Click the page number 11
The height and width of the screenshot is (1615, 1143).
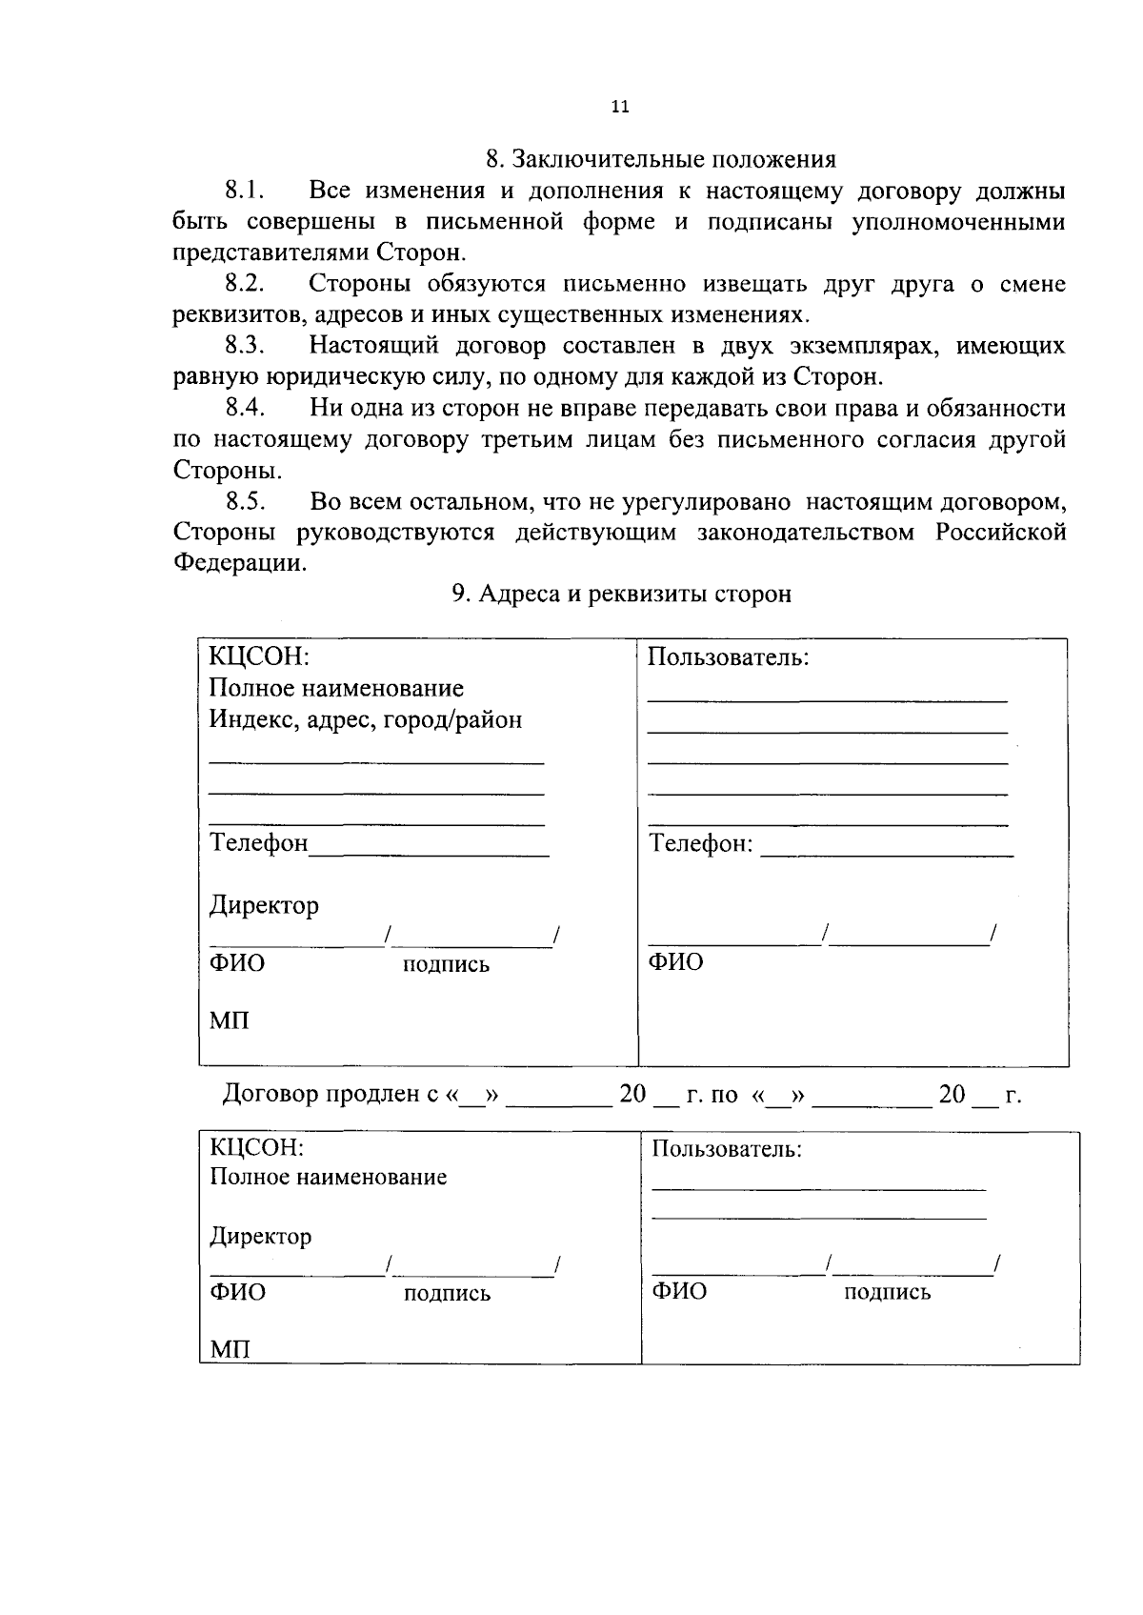(620, 107)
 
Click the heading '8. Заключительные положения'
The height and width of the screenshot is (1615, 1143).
(660, 159)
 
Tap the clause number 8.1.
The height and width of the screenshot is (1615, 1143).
(244, 191)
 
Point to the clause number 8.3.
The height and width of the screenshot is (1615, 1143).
(245, 345)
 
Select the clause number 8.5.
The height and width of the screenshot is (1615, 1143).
(245, 501)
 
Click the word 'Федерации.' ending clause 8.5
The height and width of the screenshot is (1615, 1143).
(240, 563)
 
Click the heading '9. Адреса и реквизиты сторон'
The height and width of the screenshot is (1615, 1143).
(621, 595)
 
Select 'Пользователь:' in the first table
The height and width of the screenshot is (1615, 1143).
(728, 657)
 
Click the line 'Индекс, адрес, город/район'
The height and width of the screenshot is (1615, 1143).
(366, 719)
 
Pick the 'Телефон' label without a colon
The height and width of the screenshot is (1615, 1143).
(258, 843)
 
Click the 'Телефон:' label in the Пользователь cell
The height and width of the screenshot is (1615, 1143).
(700, 844)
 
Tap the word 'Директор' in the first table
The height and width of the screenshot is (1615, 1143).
(264, 905)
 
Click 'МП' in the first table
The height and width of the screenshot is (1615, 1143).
(229, 1021)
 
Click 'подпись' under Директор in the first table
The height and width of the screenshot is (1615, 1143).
(446, 965)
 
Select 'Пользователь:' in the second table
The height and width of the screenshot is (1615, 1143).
(727, 1150)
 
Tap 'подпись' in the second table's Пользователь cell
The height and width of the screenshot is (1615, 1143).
(887, 1293)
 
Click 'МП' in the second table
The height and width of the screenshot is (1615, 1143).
(230, 1349)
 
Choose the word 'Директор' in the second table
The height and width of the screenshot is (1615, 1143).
(260, 1237)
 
